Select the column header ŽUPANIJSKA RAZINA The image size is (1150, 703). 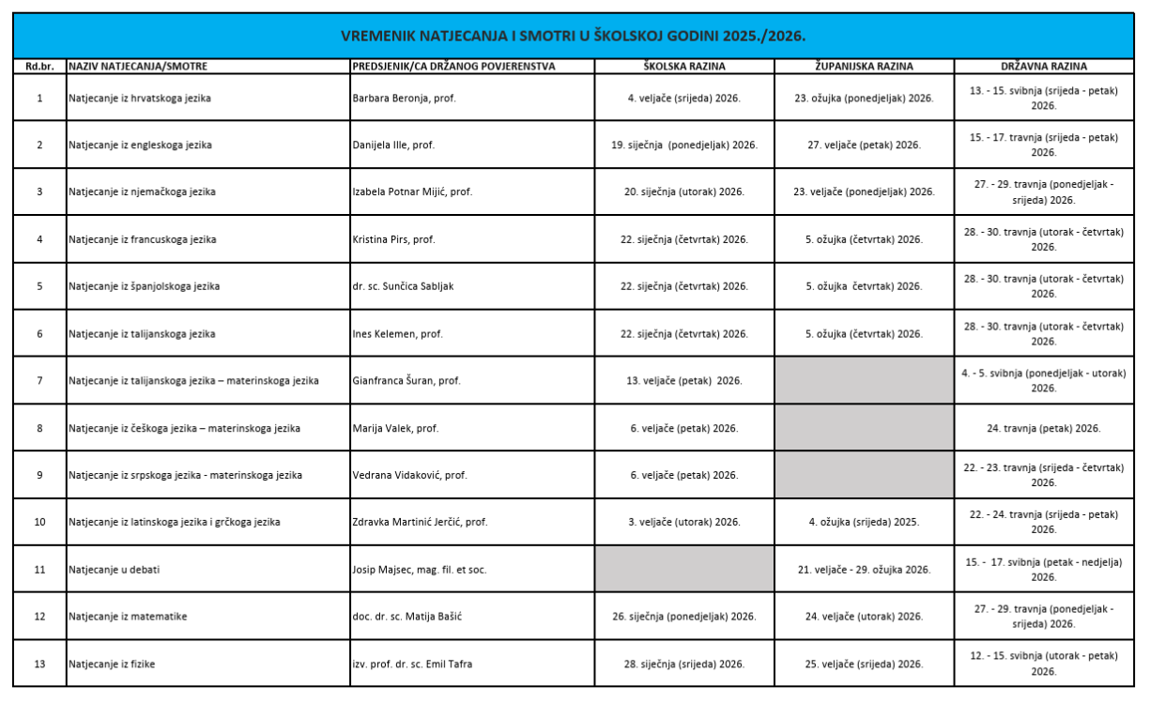pos(864,67)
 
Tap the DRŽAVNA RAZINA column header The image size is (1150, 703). pos(1043,67)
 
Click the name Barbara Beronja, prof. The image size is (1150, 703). pos(404,98)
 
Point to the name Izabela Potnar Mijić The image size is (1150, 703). pos(411,191)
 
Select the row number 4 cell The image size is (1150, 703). pos(39,239)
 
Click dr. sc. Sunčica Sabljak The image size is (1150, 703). pos(402,286)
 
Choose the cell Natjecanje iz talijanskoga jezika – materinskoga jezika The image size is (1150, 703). pos(193,380)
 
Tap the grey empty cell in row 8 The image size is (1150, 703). pos(864,428)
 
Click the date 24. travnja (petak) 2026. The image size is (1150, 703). pos(1043,428)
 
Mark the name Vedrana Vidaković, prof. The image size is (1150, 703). pos(409,475)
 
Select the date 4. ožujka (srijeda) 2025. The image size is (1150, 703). pos(864,522)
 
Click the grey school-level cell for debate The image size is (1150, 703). pos(683,569)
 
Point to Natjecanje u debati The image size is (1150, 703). pos(108,570)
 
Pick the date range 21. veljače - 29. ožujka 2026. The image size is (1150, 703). pos(864,570)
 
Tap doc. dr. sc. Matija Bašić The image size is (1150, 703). pos(409,617)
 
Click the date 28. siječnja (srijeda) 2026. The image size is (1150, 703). pos(683,665)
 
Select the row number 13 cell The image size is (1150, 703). pos(39,665)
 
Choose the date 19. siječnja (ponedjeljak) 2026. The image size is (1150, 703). pos(683,145)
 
